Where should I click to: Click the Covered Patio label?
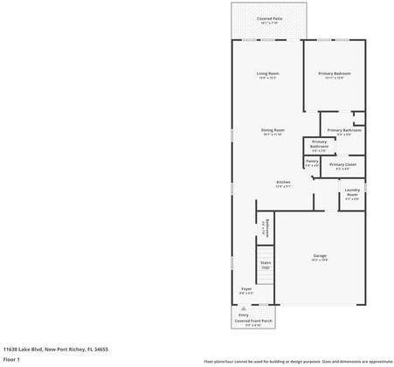click(269, 18)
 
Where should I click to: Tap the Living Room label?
click(267, 73)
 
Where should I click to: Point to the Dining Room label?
click(273, 130)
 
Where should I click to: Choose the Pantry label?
click(312, 161)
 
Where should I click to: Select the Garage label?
click(320, 255)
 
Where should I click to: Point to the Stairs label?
click(265, 261)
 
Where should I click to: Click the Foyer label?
click(246, 288)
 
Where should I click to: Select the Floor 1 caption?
click(11, 358)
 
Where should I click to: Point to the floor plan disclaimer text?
click(298, 361)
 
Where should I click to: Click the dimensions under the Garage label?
click(320, 260)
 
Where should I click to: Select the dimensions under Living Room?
click(267, 78)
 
